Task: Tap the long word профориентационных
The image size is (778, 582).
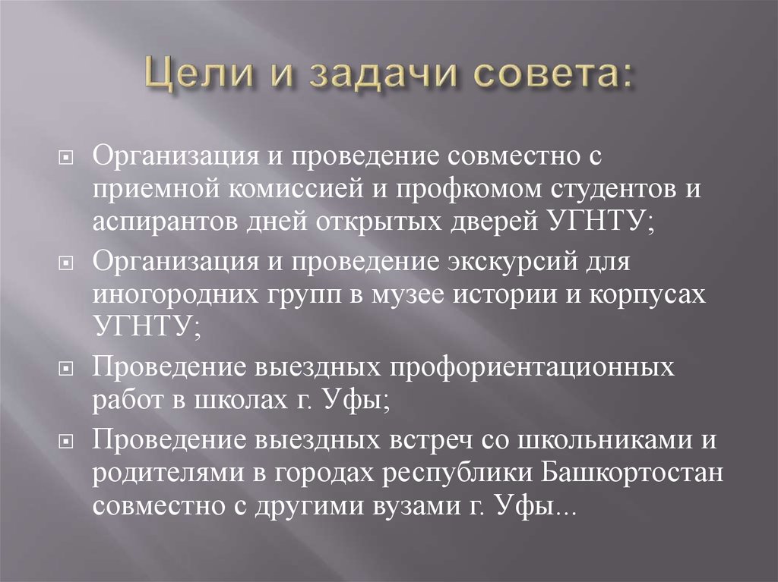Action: [531, 369]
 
